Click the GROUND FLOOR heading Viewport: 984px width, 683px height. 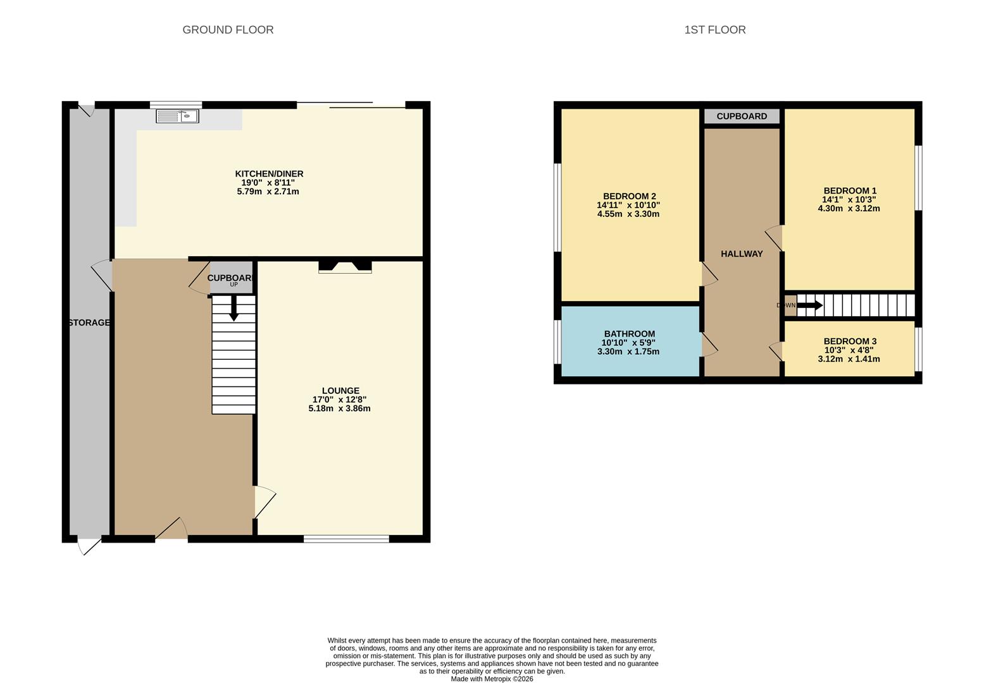click(x=228, y=30)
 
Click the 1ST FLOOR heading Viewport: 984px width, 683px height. click(x=714, y=30)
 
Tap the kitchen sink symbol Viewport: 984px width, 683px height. click(x=178, y=116)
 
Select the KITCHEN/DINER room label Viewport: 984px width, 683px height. click(x=269, y=174)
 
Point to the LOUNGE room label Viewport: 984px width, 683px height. click(x=340, y=391)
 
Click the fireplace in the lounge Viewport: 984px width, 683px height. click(x=345, y=267)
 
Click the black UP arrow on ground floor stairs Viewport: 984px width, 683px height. click(x=234, y=308)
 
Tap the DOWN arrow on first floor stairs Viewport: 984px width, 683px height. click(x=809, y=305)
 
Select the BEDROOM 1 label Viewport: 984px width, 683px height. click(x=849, y=191)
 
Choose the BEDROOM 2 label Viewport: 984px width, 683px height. click(x=629, y=196)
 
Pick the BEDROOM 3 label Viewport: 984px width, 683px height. click(x=849, y=341)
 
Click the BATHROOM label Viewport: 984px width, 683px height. click(x=629, y=334)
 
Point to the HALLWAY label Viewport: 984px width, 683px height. click(x=742, y=254)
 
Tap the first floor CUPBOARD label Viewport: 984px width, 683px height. click(x=742, y=116)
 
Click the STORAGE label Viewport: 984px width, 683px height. click(x=89, y=323)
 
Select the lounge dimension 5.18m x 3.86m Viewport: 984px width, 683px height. click(x=339, y=409)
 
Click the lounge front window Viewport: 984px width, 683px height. click(x=346, y=539)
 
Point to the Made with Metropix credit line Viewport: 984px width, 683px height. click(x=492, y=679)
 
